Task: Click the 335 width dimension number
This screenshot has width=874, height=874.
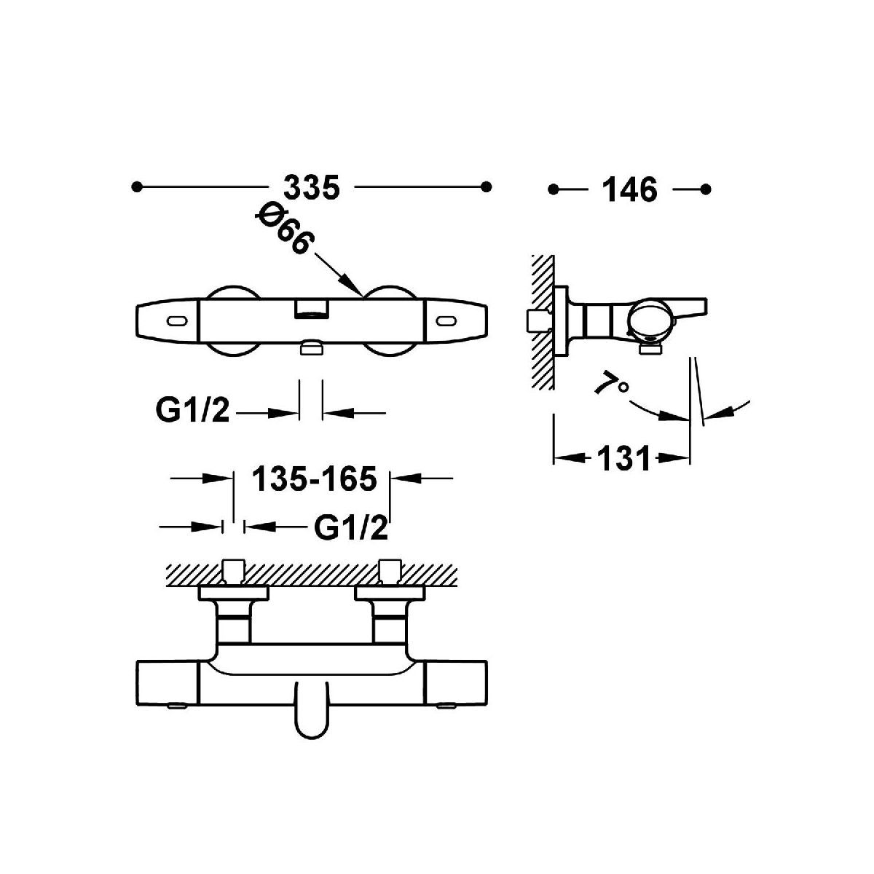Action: [x=312, y=187]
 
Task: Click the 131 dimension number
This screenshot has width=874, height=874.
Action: [x=623, y=458]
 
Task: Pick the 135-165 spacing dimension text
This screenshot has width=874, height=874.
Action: [x=314, y=479]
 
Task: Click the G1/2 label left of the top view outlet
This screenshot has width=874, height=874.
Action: [x=192, y=412]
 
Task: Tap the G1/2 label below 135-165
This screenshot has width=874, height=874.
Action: [x=351, y=528]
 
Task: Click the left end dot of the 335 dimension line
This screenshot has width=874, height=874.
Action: [x=136, y=187]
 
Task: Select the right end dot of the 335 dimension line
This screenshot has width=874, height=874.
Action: [x=487, y=187]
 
